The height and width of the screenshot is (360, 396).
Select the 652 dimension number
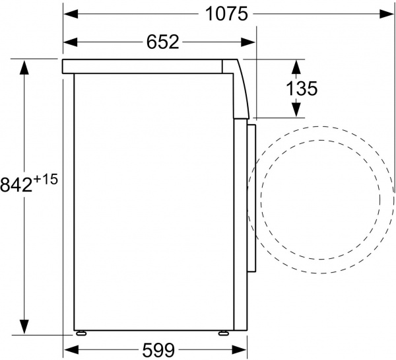(x=162, y=42)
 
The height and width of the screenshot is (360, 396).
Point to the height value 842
(x=16, y=184)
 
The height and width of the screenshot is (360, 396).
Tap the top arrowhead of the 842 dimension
(x=25, y=66)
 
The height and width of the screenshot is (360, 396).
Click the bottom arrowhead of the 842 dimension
(x=25, y=327)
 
